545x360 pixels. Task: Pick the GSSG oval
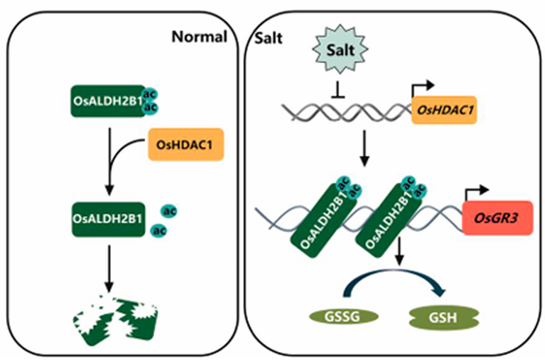point(333,315)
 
